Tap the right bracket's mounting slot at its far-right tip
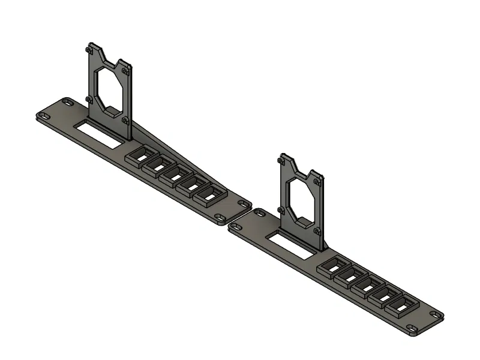pos(436,315)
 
